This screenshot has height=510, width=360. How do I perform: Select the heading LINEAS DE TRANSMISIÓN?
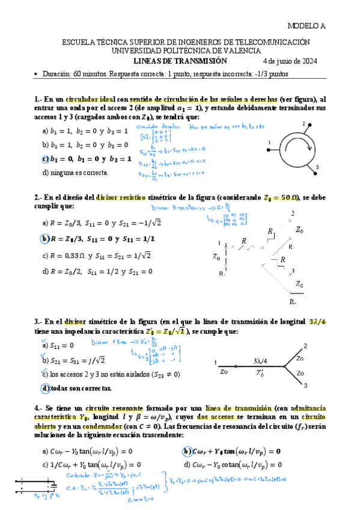click(x=180, y=61)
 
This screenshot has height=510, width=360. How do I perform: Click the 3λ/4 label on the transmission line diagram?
click(x=260, y=361)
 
